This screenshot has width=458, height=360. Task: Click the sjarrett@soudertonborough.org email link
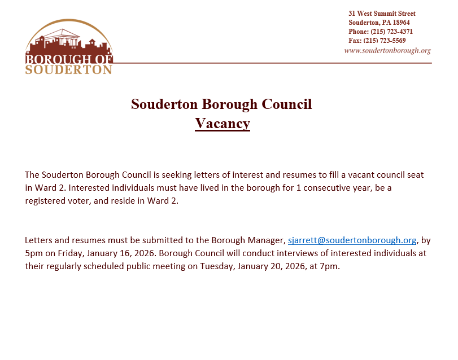click(352, 240)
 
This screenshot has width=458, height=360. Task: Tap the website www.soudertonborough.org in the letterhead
click(387, 50)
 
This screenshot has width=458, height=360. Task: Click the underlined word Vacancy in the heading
click(223, 123)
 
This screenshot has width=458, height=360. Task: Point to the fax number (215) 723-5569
click(385, 41)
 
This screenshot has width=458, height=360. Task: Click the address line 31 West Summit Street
click(382, 14)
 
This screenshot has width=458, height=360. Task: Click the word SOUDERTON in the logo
click(69, 69)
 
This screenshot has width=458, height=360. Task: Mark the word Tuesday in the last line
click(218, 266)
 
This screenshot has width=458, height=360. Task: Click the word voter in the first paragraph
click(81, 201)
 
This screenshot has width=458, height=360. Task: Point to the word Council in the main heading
click(287, 104)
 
